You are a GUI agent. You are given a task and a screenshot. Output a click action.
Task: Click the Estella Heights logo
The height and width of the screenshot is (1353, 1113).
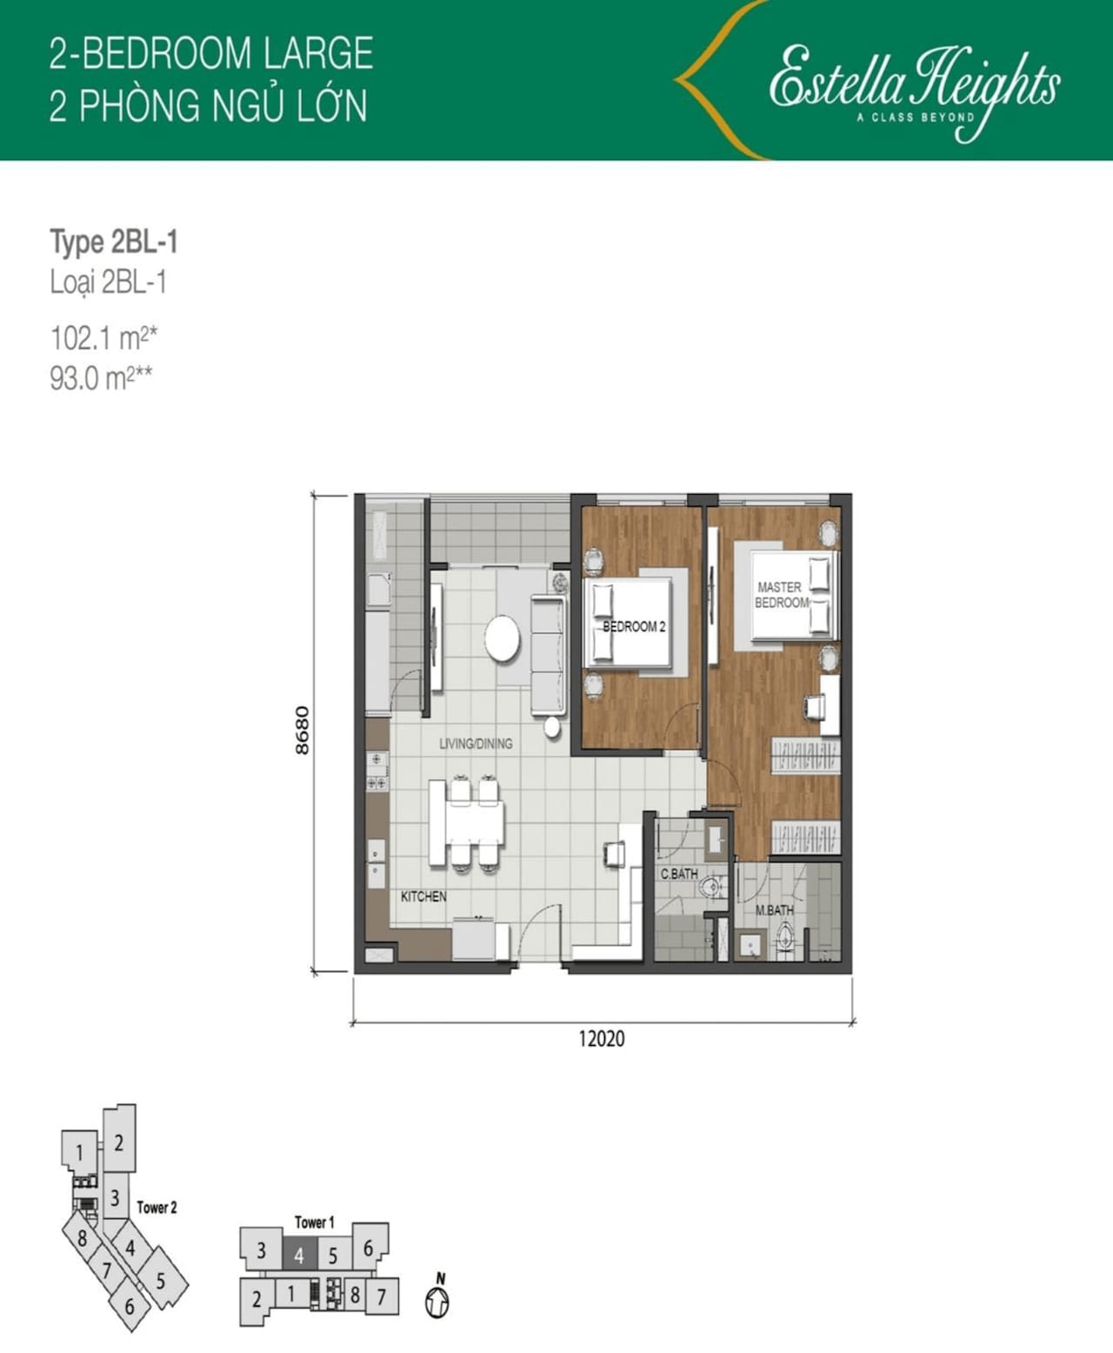pyautogui.click(x=914, y=90)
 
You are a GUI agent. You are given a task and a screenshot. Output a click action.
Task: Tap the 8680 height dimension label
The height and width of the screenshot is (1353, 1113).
pyautogui.click(x=302, y=730)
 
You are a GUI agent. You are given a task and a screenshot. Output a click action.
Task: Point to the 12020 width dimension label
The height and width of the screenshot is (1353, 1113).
pyautogui.click(x=602, y=1038)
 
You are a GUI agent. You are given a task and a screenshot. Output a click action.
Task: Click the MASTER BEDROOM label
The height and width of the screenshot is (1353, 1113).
pyautogui.click(x=782, y=595)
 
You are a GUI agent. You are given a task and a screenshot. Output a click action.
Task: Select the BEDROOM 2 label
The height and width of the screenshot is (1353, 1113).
pyautogui.click(x=634, y=627)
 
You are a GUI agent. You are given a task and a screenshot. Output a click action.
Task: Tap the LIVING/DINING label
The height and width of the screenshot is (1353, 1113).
pyautogui.click(x=476, y=743)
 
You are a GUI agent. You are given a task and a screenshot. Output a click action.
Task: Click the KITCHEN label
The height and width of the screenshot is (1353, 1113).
pyautogui.click(x=423, y=896)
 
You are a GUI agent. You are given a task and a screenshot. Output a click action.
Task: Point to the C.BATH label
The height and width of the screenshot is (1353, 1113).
pyautogui.click(x=679, y=874)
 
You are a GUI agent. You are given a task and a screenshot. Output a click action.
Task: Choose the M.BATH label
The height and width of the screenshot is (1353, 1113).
pyautogui.click(x=774, y=910)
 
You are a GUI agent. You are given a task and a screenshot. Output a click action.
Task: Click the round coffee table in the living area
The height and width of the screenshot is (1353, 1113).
pyautogui.click(x=503, y=638)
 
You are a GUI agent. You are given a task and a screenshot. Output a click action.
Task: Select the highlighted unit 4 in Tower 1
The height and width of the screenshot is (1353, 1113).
pyautogui.click(x=300, y=1256)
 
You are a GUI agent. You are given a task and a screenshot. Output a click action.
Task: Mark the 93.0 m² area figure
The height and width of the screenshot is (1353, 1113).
pyautogui.click(x=102, y=378)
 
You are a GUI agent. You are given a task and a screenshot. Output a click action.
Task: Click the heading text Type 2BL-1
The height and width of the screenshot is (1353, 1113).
pyautogui.click(x=114, y=242)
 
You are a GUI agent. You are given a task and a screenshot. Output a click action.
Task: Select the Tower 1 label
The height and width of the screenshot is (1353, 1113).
pyautogui.click(x=314, y=1222)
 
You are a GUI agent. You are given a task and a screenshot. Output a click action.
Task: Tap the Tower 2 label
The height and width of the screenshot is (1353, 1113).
pyautogui.click(x=157, y=1208)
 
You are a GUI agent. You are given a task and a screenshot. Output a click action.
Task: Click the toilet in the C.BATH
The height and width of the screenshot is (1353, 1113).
pyautogui.click(x=712, y=888)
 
